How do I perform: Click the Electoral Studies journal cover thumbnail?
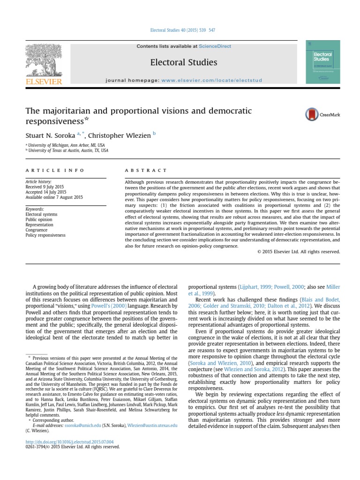pos(322,62)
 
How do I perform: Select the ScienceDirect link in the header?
pos(215,46)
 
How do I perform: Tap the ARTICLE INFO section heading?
pos(55,170)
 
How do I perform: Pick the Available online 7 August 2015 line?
pos(54,197)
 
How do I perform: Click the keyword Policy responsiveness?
pos(45,235)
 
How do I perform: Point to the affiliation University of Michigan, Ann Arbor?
pos(65,145)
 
